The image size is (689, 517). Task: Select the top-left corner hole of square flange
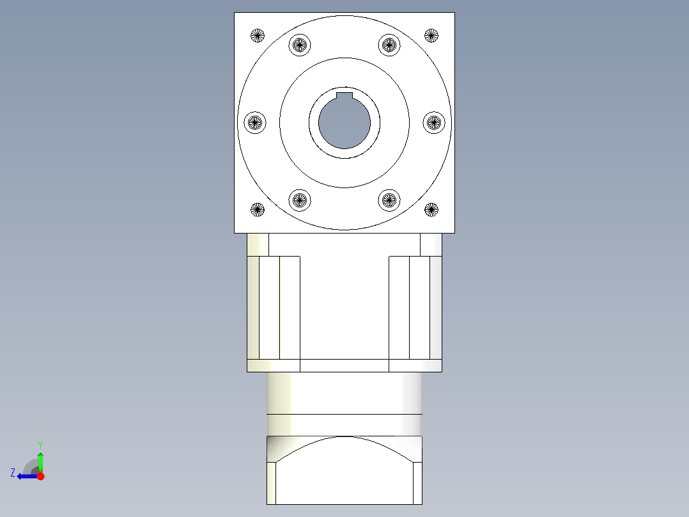(x=258, y=35)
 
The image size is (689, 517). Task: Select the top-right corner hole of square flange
(x=431, y=35)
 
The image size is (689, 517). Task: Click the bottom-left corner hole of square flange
(x=258, y=209)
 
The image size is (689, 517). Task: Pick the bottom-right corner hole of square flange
(x=431, y=209)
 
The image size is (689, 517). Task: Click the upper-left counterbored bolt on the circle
(x=300, y=45)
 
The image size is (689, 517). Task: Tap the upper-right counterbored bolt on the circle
(x=389, y=45)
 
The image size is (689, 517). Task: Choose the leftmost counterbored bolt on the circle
(x=256, y=122)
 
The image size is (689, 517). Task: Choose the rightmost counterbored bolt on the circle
(x=434, y=122)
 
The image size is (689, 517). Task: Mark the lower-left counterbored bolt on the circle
(x=300, y=200)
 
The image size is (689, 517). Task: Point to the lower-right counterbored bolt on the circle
(x=389, y=200)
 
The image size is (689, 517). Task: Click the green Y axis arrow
(x=40, y=461)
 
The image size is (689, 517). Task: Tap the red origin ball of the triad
(x=40, y=476)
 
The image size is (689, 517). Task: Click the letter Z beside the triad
(x=13, y=473)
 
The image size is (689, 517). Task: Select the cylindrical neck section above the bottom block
(x=344, y=394)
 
